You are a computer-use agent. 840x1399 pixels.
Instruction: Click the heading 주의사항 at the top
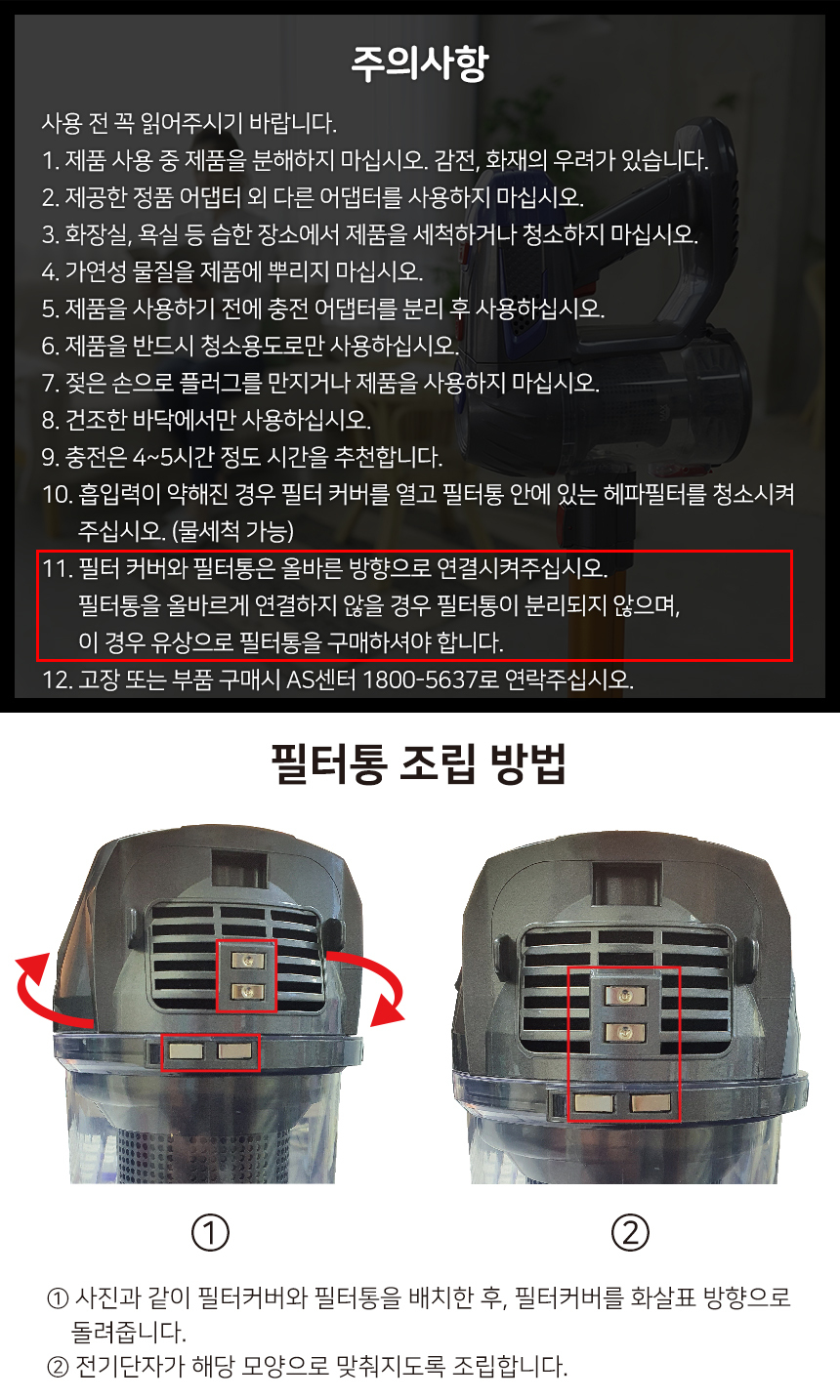(x=419, y=63)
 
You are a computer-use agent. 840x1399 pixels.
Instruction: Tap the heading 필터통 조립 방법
(x=419, y=763)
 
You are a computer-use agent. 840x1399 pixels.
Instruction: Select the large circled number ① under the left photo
(x=210, y=1232)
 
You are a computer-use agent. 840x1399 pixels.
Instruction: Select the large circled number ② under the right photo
(x=630, y=1232)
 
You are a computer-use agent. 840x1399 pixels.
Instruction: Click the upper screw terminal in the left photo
(x=247, y=961)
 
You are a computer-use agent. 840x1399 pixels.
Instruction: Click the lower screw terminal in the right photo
(x=624, y=1033)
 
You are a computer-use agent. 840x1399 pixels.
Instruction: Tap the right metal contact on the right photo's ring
(x=651, y=1103)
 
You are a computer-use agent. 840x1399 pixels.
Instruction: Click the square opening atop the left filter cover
(x=238, y=869)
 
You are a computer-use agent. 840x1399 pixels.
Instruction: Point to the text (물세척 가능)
(x=232, y=531)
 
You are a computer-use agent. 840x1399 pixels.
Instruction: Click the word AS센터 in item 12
(x=320, y=679)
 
